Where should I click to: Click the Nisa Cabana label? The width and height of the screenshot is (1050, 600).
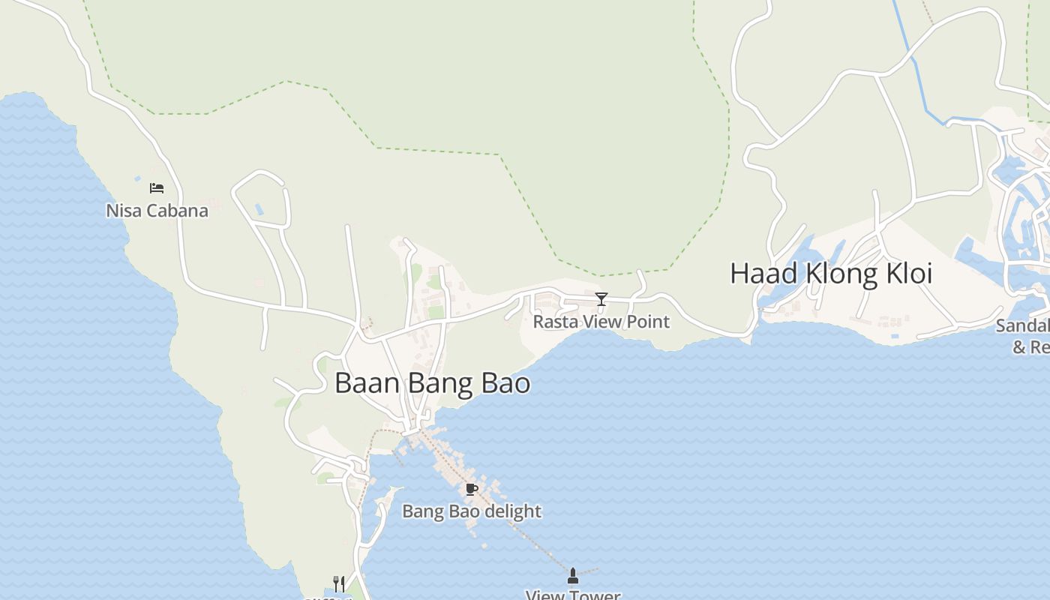pyautogui.click(x=157, y=211)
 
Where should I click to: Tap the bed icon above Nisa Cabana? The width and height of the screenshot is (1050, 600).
pyautogui.click(x=157, y=187)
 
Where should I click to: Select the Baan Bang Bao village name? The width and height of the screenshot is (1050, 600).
pyautogui.click(x=432, y=383)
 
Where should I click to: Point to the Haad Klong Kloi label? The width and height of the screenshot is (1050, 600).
pyautogui.click(x=831, y=274)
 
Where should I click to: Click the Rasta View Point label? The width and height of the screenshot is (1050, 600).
pyautogui.click(x=601, y=322)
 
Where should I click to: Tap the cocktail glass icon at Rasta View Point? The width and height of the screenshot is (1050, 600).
pyautogui.click(x=601, y=299)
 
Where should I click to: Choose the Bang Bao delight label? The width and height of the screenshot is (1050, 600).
pyautogui.click(x=472, y=511)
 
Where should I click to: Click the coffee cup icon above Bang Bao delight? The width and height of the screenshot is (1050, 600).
pyautogui.click(x=471, y=490)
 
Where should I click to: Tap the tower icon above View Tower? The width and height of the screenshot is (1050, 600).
pyautogui.click(x=573, y=576)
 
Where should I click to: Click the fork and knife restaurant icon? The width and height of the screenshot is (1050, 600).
pyautogui.click(x=339, y=583)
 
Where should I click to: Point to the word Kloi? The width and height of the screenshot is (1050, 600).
pyautogui.click(x=907, y=274)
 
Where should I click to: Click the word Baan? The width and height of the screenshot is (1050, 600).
pyautogui.click(x=367, y=383)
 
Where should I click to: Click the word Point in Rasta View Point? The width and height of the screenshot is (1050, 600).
pyautogui.click(x=649, y=322)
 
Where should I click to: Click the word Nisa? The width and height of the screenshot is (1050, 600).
pyautogui.click(x=122, y=211)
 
